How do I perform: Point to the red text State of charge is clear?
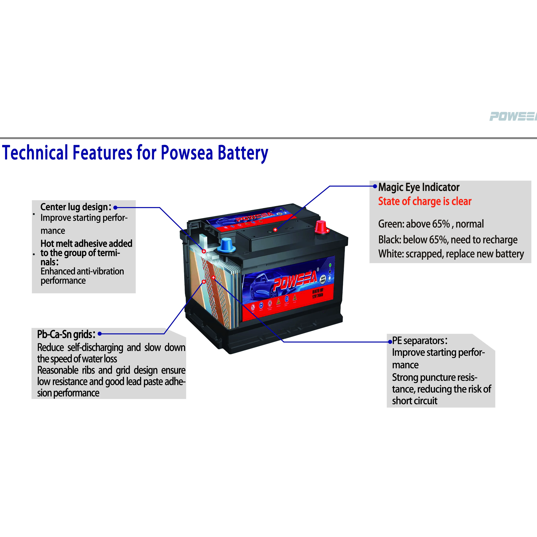click(425, 201)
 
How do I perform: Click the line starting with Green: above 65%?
click(431, 224)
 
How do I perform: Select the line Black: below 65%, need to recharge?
click(448, 240)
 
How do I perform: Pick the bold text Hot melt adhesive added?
click(86, 243)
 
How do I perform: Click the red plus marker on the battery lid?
click(275, 230)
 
